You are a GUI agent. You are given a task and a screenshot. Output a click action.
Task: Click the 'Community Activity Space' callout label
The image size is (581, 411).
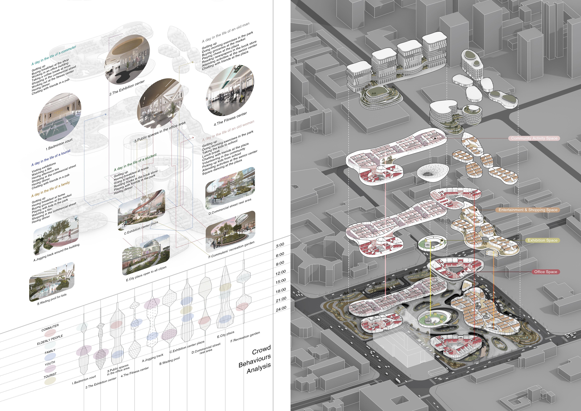click(534, 138)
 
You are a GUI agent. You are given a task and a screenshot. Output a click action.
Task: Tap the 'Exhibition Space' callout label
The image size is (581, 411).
click(542, 240)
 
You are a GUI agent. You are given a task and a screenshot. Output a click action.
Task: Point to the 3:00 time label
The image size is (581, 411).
click(280, 245)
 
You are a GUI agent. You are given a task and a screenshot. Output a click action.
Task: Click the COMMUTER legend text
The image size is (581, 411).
click(50, 328)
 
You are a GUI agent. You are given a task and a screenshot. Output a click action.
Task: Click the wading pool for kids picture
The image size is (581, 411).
click(52, 282)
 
